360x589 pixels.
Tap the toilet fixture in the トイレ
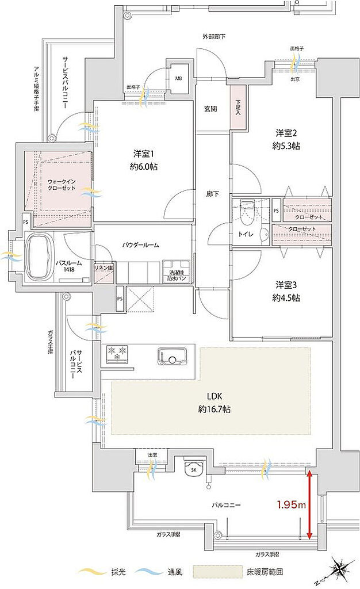point(247,213)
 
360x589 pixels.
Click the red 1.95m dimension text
point(291,504)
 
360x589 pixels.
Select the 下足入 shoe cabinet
point(238,107)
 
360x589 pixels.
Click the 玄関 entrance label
point(210,109)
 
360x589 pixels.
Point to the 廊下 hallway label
point(210,194)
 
